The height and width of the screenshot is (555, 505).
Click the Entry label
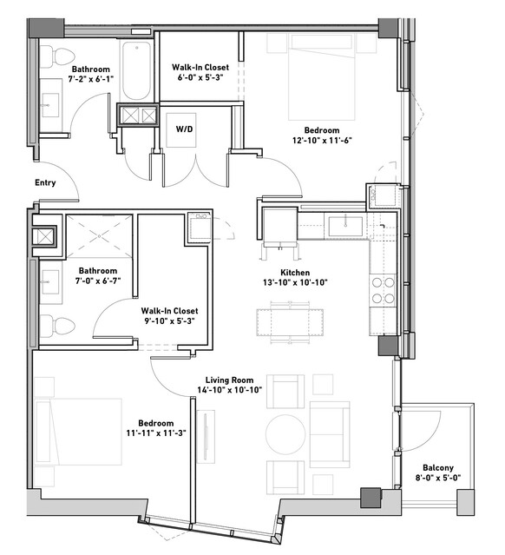tap(45, 182)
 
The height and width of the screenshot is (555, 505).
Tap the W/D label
tap(185, 129)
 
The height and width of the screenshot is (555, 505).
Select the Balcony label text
tap(438, 468)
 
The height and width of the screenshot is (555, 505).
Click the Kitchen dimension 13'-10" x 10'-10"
tap(295, 282)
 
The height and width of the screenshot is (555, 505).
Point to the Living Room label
tap(230, 380)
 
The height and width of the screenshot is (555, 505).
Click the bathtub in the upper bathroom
tap(137, 70)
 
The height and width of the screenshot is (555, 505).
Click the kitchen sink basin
tap(345, 226)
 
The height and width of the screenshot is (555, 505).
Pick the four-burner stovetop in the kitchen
tap(383, 291)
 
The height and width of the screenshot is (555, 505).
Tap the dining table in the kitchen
tap(290, 321)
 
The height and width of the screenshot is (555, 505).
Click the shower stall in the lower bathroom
tap(100, 235)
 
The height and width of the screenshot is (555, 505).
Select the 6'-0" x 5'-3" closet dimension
tap(200, 77)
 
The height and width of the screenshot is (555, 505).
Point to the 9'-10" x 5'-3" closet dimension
tap(169, 321)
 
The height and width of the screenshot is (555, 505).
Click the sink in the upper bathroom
tap(49, 105)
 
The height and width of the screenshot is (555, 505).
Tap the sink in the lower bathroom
tap(50, 282)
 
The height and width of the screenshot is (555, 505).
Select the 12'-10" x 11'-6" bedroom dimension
tap(322, 140)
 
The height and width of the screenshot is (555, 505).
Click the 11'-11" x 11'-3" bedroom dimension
tap(156, 433)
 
